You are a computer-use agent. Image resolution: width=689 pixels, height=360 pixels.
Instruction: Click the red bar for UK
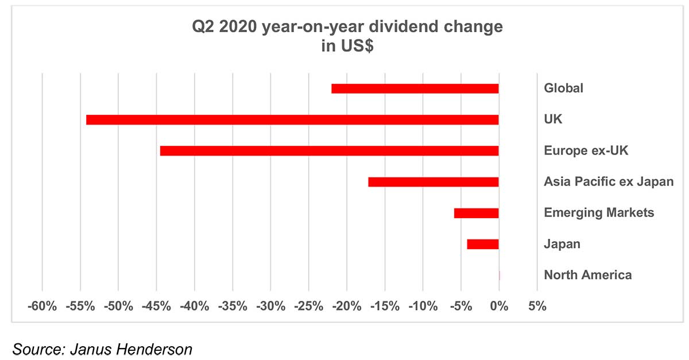[292, 120]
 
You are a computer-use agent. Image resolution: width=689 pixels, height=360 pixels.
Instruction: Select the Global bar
[415, 88]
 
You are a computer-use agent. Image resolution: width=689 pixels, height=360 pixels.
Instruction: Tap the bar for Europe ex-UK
[329, 151]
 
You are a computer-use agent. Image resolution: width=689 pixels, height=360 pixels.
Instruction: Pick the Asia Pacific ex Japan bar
[433, 182]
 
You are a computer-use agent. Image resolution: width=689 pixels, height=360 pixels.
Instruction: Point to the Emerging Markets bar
[476, 213]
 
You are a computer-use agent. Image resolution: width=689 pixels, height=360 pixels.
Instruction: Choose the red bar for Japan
[482, 244]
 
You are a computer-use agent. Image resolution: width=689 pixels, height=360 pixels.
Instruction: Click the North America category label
[587, 275]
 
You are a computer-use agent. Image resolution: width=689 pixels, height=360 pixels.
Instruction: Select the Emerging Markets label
[599, 213]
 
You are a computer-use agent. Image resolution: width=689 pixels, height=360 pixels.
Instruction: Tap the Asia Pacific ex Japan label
[609, 182]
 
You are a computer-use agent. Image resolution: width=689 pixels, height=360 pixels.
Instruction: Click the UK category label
[553, 120]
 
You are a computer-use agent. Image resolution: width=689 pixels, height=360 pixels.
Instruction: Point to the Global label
[563, 88]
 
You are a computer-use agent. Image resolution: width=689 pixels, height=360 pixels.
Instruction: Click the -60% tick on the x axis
[42, 307]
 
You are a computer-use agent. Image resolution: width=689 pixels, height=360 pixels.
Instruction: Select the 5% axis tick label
[537, 307]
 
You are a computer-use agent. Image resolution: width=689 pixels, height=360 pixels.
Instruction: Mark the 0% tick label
[499, 307]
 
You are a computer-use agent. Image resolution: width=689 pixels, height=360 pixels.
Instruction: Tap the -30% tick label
[271, 307]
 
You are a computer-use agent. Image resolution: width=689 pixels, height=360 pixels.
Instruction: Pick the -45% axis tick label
[157, 307]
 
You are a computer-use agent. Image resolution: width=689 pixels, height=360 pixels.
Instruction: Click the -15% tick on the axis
[385, 307]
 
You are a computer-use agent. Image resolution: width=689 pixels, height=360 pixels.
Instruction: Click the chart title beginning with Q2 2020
[347, 27]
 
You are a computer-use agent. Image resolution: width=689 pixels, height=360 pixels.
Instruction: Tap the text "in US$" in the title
[347, 46]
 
